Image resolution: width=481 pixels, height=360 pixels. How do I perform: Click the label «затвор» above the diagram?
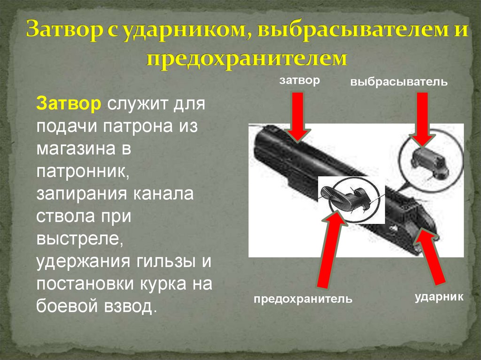(x=299, y=80)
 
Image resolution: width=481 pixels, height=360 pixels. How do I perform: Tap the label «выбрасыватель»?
(x=398, y=83)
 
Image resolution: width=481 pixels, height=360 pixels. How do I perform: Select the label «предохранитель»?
(x=303, y=299)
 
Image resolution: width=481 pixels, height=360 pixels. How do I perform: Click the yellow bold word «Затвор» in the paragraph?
(x=68, y=104)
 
